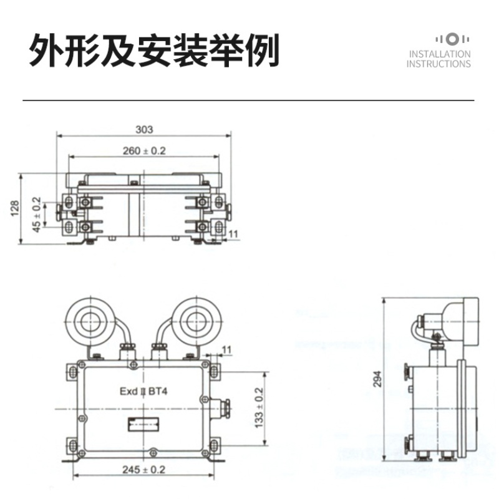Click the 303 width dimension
point(144,130)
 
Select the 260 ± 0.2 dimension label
point(144,150)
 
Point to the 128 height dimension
point(14,208)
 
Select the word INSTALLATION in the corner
point(439,54)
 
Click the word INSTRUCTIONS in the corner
point(438,64)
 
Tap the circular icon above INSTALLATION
point(453,39)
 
